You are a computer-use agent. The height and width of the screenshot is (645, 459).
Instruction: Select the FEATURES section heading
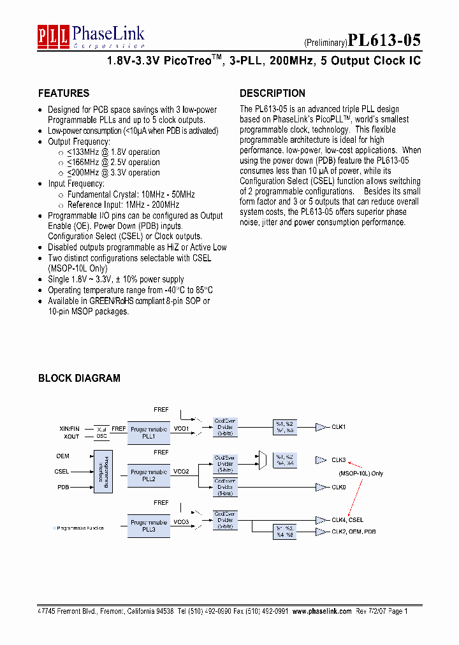pos(64,93)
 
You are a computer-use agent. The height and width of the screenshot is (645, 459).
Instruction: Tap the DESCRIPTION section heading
pos(272,93)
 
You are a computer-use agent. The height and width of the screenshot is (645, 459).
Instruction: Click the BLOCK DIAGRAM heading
pos(79,378)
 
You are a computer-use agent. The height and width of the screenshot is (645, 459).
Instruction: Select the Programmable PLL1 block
pos(149,433)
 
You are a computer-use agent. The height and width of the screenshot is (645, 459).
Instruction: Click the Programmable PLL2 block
pos(149,475)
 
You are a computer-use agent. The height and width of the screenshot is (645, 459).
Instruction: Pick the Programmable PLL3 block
pos(149,525)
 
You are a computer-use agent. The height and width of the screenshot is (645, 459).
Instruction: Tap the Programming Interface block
pos(102,472)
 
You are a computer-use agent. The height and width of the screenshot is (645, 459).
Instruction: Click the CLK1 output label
pos(339,427)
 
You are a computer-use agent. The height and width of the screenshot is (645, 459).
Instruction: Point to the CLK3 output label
pos(339,460)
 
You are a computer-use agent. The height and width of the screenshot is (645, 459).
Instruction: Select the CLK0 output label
pos(339,487)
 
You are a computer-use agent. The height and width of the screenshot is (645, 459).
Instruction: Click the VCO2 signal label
pos(181,472)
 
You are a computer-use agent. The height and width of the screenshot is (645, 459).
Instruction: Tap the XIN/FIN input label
pos(69,429)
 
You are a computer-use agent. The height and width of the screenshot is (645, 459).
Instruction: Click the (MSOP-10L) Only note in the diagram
pos(360,474)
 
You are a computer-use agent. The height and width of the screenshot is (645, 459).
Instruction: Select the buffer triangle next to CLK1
pos(321,427)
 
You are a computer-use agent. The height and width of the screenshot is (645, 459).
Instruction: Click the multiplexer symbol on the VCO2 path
pos(262,460)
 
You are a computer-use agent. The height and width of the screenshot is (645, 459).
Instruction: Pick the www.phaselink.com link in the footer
pos(322,611)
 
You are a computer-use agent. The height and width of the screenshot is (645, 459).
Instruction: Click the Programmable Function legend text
pos(80,528)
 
